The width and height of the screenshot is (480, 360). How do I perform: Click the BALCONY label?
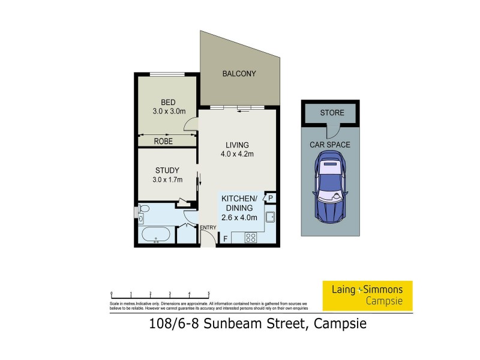point(239,74)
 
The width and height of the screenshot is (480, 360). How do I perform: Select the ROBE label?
point(163,142)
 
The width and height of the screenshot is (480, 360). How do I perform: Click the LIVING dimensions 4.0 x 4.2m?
point(237,154)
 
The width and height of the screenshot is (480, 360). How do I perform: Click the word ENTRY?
point(208,227)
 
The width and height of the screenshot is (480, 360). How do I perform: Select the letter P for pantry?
point(271,199)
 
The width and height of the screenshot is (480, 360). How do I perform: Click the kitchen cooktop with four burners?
point(251,237)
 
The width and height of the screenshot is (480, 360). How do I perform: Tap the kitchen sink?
point(270,217)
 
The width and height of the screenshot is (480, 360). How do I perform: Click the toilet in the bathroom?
point(143,210)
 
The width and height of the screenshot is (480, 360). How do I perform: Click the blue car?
point(329,185)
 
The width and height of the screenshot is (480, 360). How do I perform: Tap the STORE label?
point(331,113)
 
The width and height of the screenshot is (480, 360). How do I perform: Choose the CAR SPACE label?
point(330,145)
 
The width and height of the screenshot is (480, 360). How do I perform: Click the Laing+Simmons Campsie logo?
point(368,295)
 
